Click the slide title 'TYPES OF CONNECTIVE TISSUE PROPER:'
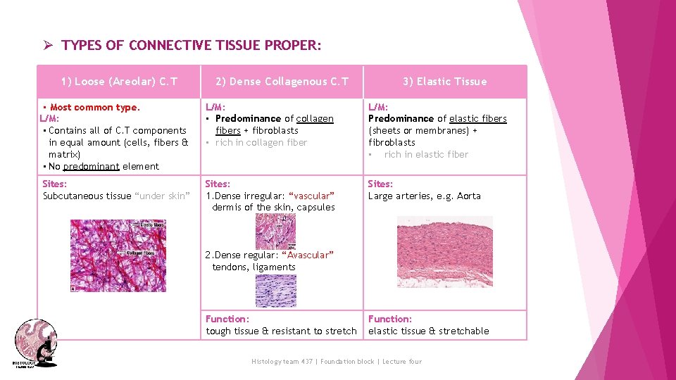(x=191, y=46)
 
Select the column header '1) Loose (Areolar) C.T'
(x=119, y=82)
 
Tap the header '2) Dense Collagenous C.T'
(x=282, y=82)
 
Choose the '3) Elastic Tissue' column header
(x=444, y=82)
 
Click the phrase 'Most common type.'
(x=95, y=108)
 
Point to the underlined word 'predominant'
(x=91, y=167)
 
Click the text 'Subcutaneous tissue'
(x=87, y=196)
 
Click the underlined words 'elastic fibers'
(x=477, y=119)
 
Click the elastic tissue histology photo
(x=444, y=251)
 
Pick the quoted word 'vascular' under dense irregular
(x=311, y=196)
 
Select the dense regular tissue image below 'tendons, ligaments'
(x=275, y=290)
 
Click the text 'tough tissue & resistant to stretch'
(x=281, y=331)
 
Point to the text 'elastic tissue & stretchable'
(x=428, y=331)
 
